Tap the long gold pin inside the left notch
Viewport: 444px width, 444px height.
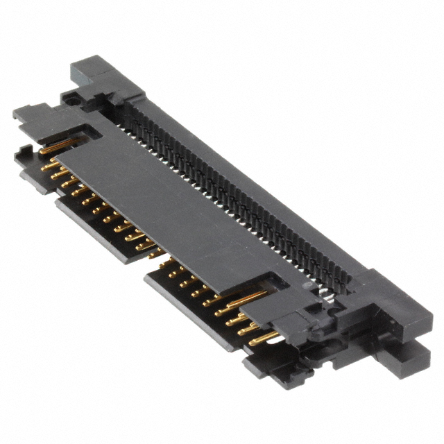[60, 146]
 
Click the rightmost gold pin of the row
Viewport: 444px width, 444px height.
[265, 339]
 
